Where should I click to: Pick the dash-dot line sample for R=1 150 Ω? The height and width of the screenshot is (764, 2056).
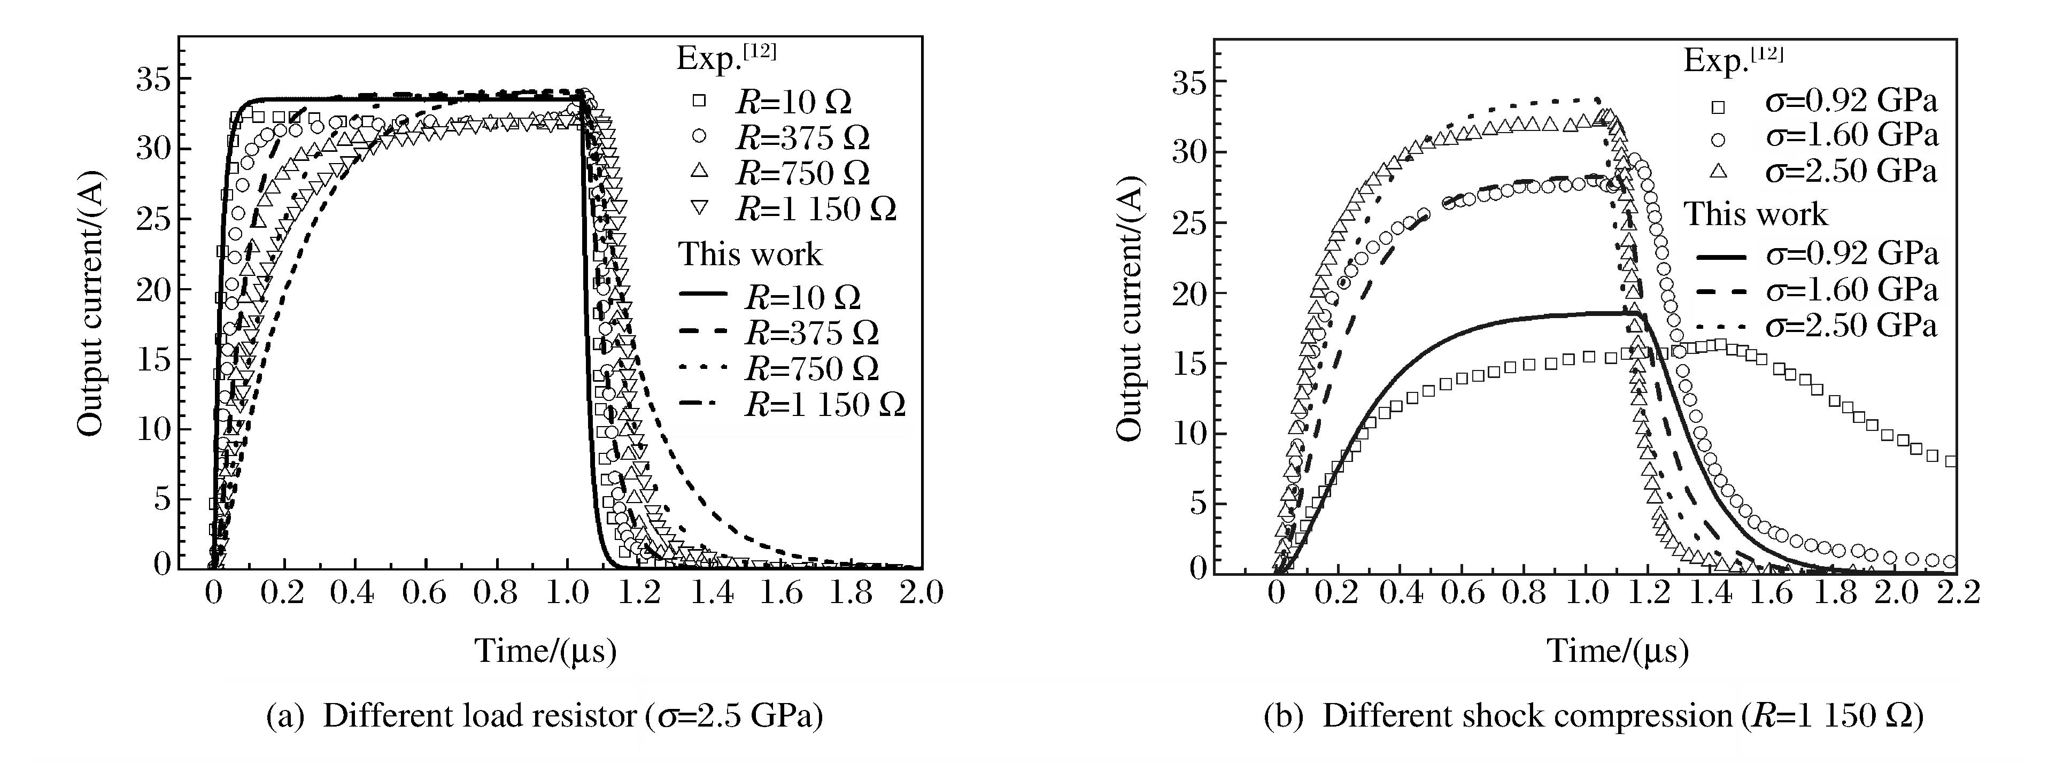pyautogui.click(x=703, y=405)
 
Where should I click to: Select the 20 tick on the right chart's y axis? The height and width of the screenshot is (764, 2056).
pyautogui.click(x=1189, y=293)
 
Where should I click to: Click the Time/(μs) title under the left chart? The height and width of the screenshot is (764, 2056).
pyautogui.click(x=546, y=651)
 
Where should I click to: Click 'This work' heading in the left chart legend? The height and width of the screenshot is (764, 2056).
pyautogui.click(x=749, y=254)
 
